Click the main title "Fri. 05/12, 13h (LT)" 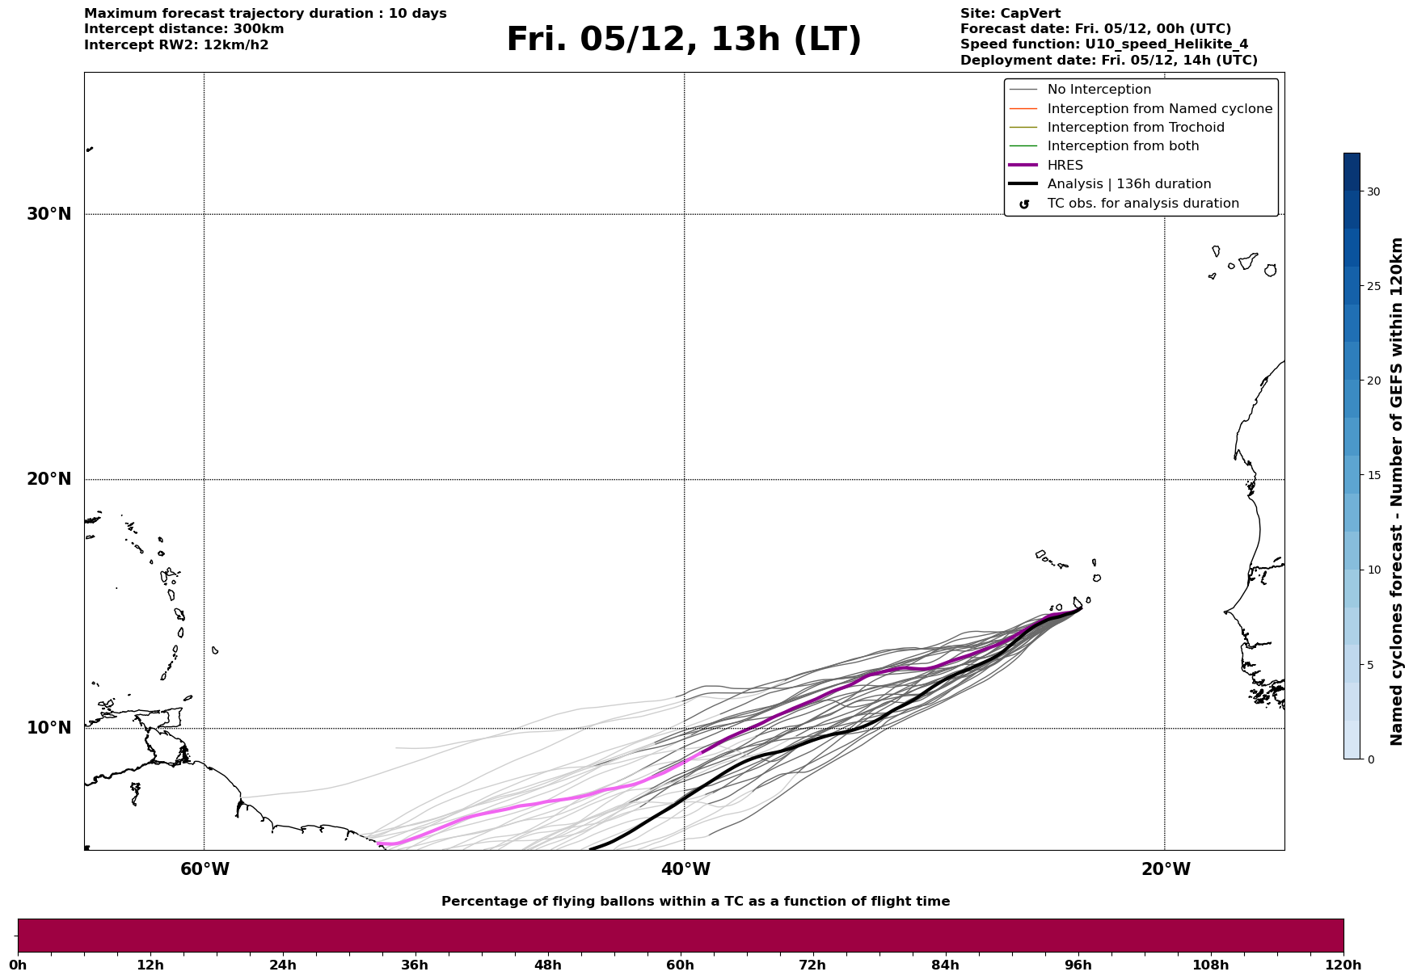[x=684, y=40]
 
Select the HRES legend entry [x=1065, y=166]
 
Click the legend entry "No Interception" [x=1099, y=90]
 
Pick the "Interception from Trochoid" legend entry [x=1135, y=128]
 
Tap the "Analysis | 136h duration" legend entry [x=1128, y=184]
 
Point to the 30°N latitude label [x=49, y=214]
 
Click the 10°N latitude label [x=49, y=728]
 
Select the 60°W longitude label [x=205, y=869]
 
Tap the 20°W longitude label [x=1165, y=869]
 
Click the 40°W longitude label [x=685, y=869]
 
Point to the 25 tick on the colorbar [x=1373, y=286]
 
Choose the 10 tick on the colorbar [x=1373, y=570]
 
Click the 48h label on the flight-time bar [x=547, y=965]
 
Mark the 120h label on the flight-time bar [x=1343, y=965]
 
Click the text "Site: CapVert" [x=1010, y=14]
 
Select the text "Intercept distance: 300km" [x=183, y=29]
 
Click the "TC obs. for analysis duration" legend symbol [x=1024, y=204]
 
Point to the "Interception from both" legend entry [x=1123, y=146]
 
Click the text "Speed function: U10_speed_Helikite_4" [x=1103, y=44]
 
